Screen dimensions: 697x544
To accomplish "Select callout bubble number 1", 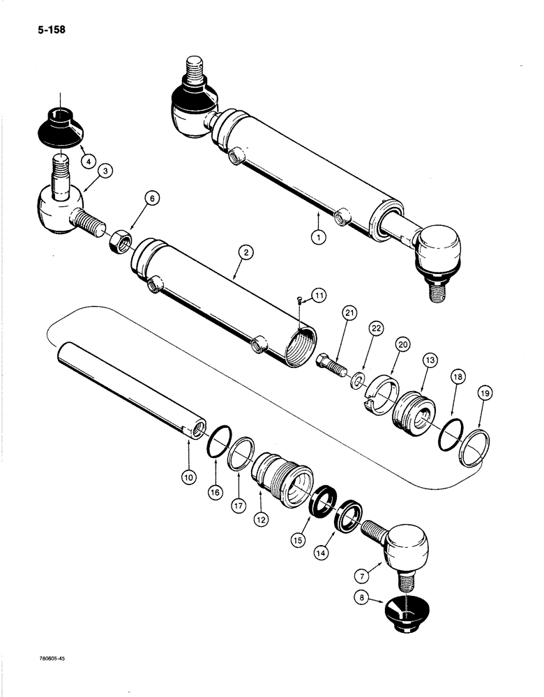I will pos(318,236).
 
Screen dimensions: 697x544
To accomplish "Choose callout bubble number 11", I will pos(319,296).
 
